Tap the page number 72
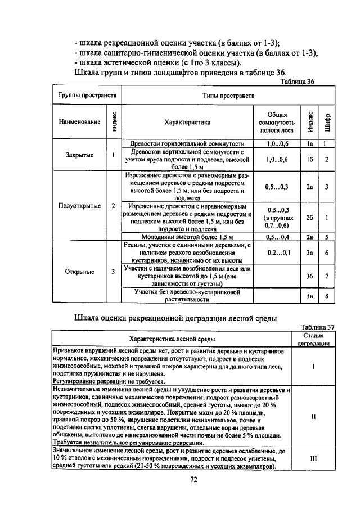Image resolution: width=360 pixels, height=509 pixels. point(193,479)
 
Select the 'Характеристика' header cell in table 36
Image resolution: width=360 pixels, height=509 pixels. point(187,121)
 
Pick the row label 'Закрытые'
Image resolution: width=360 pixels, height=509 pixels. point(79,155)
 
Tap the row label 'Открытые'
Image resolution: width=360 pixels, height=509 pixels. point(79,272)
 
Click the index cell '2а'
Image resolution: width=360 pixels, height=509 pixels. point(309,187)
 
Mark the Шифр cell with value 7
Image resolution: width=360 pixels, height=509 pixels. point(326,276)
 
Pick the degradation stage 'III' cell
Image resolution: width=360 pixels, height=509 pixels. point(314,458)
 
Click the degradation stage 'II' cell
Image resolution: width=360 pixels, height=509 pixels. point(314,417)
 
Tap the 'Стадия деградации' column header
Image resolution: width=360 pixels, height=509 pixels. point(314,339)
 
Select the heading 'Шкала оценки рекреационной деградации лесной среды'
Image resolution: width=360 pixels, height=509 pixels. point(175,318)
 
